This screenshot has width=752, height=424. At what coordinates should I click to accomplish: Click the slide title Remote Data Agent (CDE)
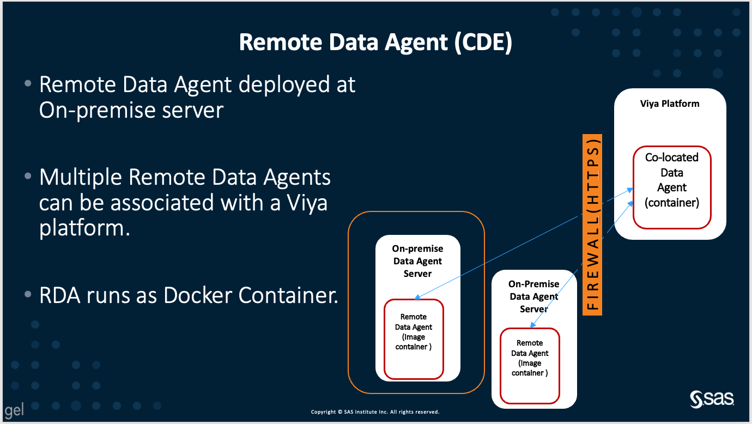375,43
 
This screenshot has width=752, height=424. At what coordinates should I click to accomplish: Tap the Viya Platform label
669,104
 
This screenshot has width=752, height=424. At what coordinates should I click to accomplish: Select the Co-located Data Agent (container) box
671,187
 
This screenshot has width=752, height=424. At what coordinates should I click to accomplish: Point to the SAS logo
712,399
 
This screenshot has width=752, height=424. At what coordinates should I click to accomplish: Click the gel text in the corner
14,410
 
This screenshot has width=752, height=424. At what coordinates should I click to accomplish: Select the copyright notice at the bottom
375,412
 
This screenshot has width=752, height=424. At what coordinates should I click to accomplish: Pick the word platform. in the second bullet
84,228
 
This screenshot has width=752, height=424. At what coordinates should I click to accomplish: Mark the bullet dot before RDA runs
28,295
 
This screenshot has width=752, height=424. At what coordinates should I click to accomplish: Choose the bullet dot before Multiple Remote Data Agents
28,178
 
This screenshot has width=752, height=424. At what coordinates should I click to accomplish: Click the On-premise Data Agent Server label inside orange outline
417,261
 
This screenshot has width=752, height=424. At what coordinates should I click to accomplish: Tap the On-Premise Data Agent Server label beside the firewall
533,296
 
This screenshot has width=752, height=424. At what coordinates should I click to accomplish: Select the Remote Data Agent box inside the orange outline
414,338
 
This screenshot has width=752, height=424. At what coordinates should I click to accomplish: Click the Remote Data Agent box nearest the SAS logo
530,365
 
